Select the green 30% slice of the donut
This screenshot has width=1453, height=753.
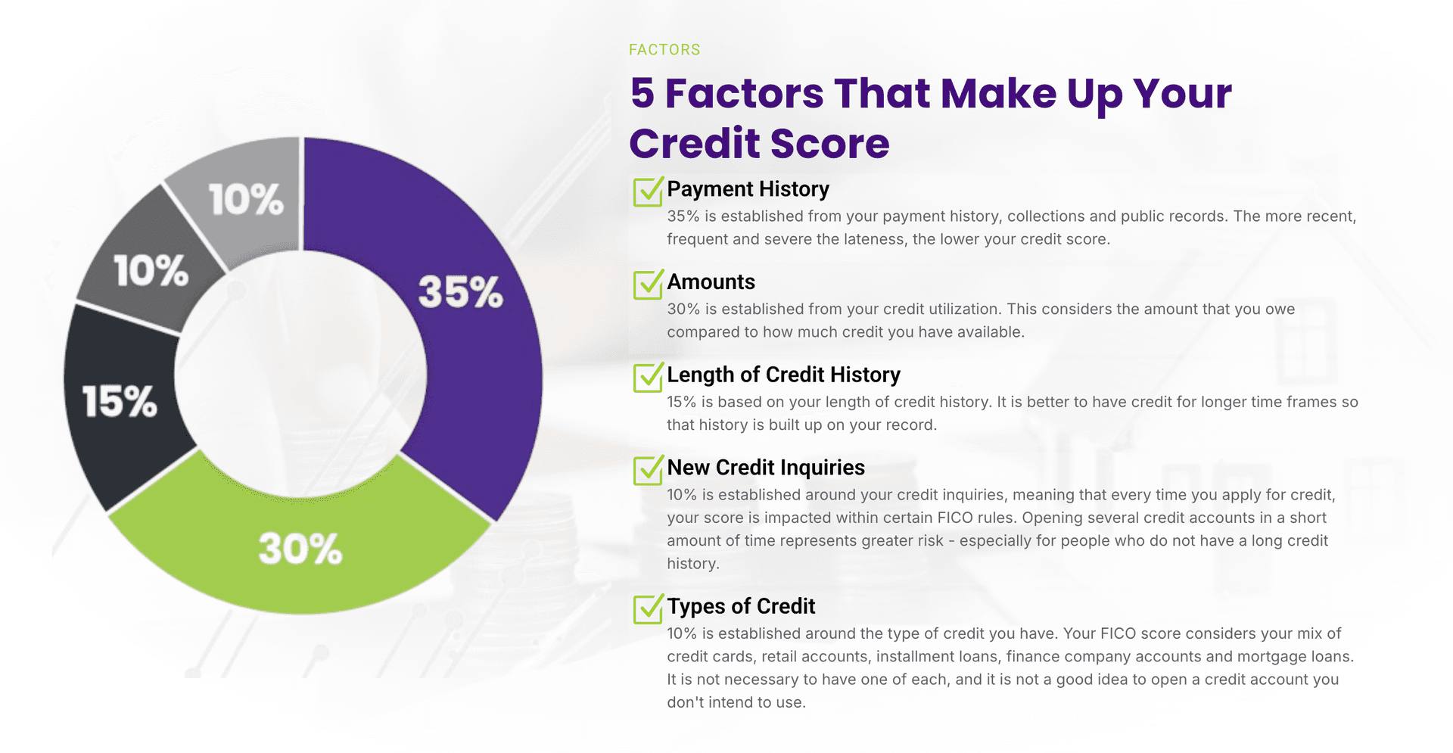tap(300, 549)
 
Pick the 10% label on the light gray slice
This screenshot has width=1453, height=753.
tap(246, 200)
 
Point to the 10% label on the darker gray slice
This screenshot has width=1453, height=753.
tap(151, 270)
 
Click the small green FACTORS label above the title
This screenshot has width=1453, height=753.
tap(664, 50)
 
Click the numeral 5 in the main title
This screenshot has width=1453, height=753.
tap(642, 93)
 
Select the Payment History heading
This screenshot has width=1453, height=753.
tap(748, 189)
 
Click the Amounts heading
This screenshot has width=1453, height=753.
tap(711, 282)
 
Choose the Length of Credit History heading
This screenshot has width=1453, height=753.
tap(783, 375)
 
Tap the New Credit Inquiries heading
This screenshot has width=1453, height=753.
tap(766, 468)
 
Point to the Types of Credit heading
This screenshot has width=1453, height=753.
tap(741, 606)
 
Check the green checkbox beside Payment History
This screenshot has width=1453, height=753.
tap(648, 191)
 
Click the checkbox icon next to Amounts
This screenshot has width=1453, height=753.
tap(648, 285)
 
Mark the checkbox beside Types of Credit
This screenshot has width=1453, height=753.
tap(648, 609)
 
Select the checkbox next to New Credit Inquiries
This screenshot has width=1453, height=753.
tap(648, 471)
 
